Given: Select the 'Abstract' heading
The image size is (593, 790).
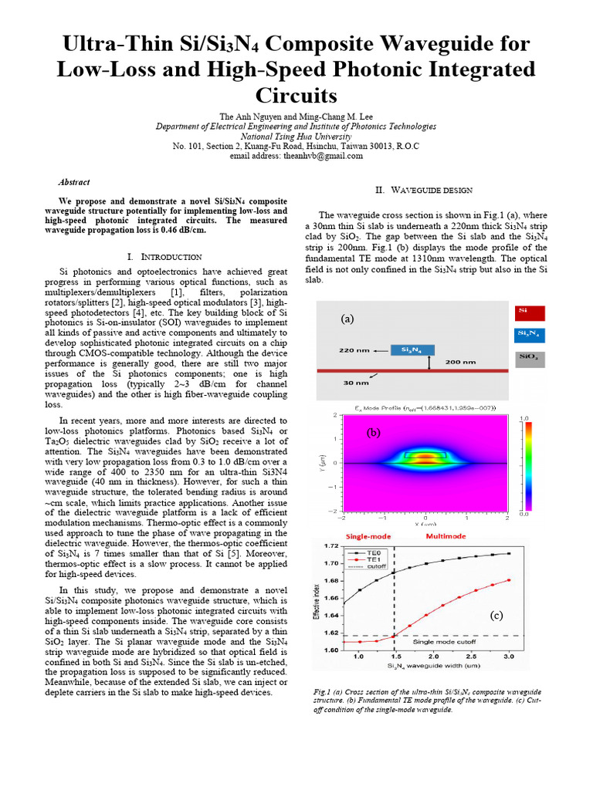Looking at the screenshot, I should pos(74,183).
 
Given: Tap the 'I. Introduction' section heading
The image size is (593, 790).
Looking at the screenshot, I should pos(164,256).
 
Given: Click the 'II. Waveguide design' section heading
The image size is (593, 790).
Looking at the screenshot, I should pos(424,190).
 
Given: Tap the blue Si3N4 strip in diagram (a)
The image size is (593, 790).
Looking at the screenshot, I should pos(412,349).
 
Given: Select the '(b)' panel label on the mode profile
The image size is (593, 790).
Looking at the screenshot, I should pos(374,433).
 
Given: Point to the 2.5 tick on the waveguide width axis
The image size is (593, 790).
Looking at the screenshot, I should pos(476,657).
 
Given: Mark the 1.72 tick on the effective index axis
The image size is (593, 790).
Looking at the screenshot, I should pos(332,546).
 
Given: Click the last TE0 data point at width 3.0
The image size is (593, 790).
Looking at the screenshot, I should pos(509,553).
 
